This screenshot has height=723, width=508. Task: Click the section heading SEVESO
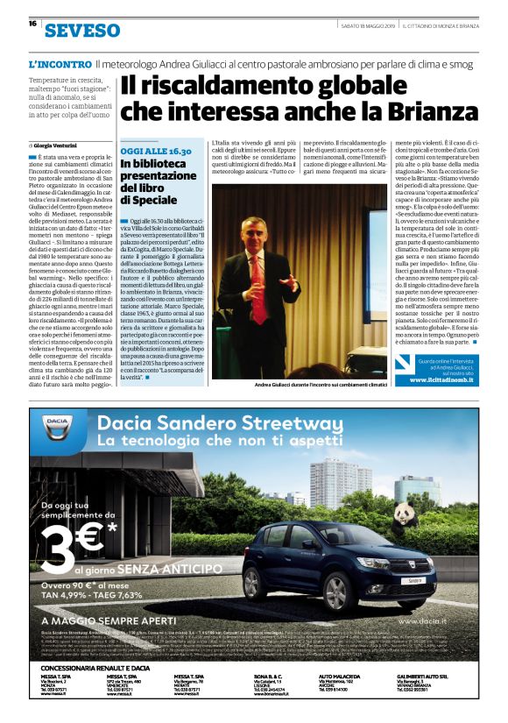[x=82, y=31]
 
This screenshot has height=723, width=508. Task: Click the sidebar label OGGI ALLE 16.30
[x=157, y=152]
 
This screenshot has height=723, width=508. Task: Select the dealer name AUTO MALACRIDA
[x=345, y=677]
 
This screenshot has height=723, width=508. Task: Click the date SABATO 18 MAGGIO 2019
[x=356, y=24]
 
